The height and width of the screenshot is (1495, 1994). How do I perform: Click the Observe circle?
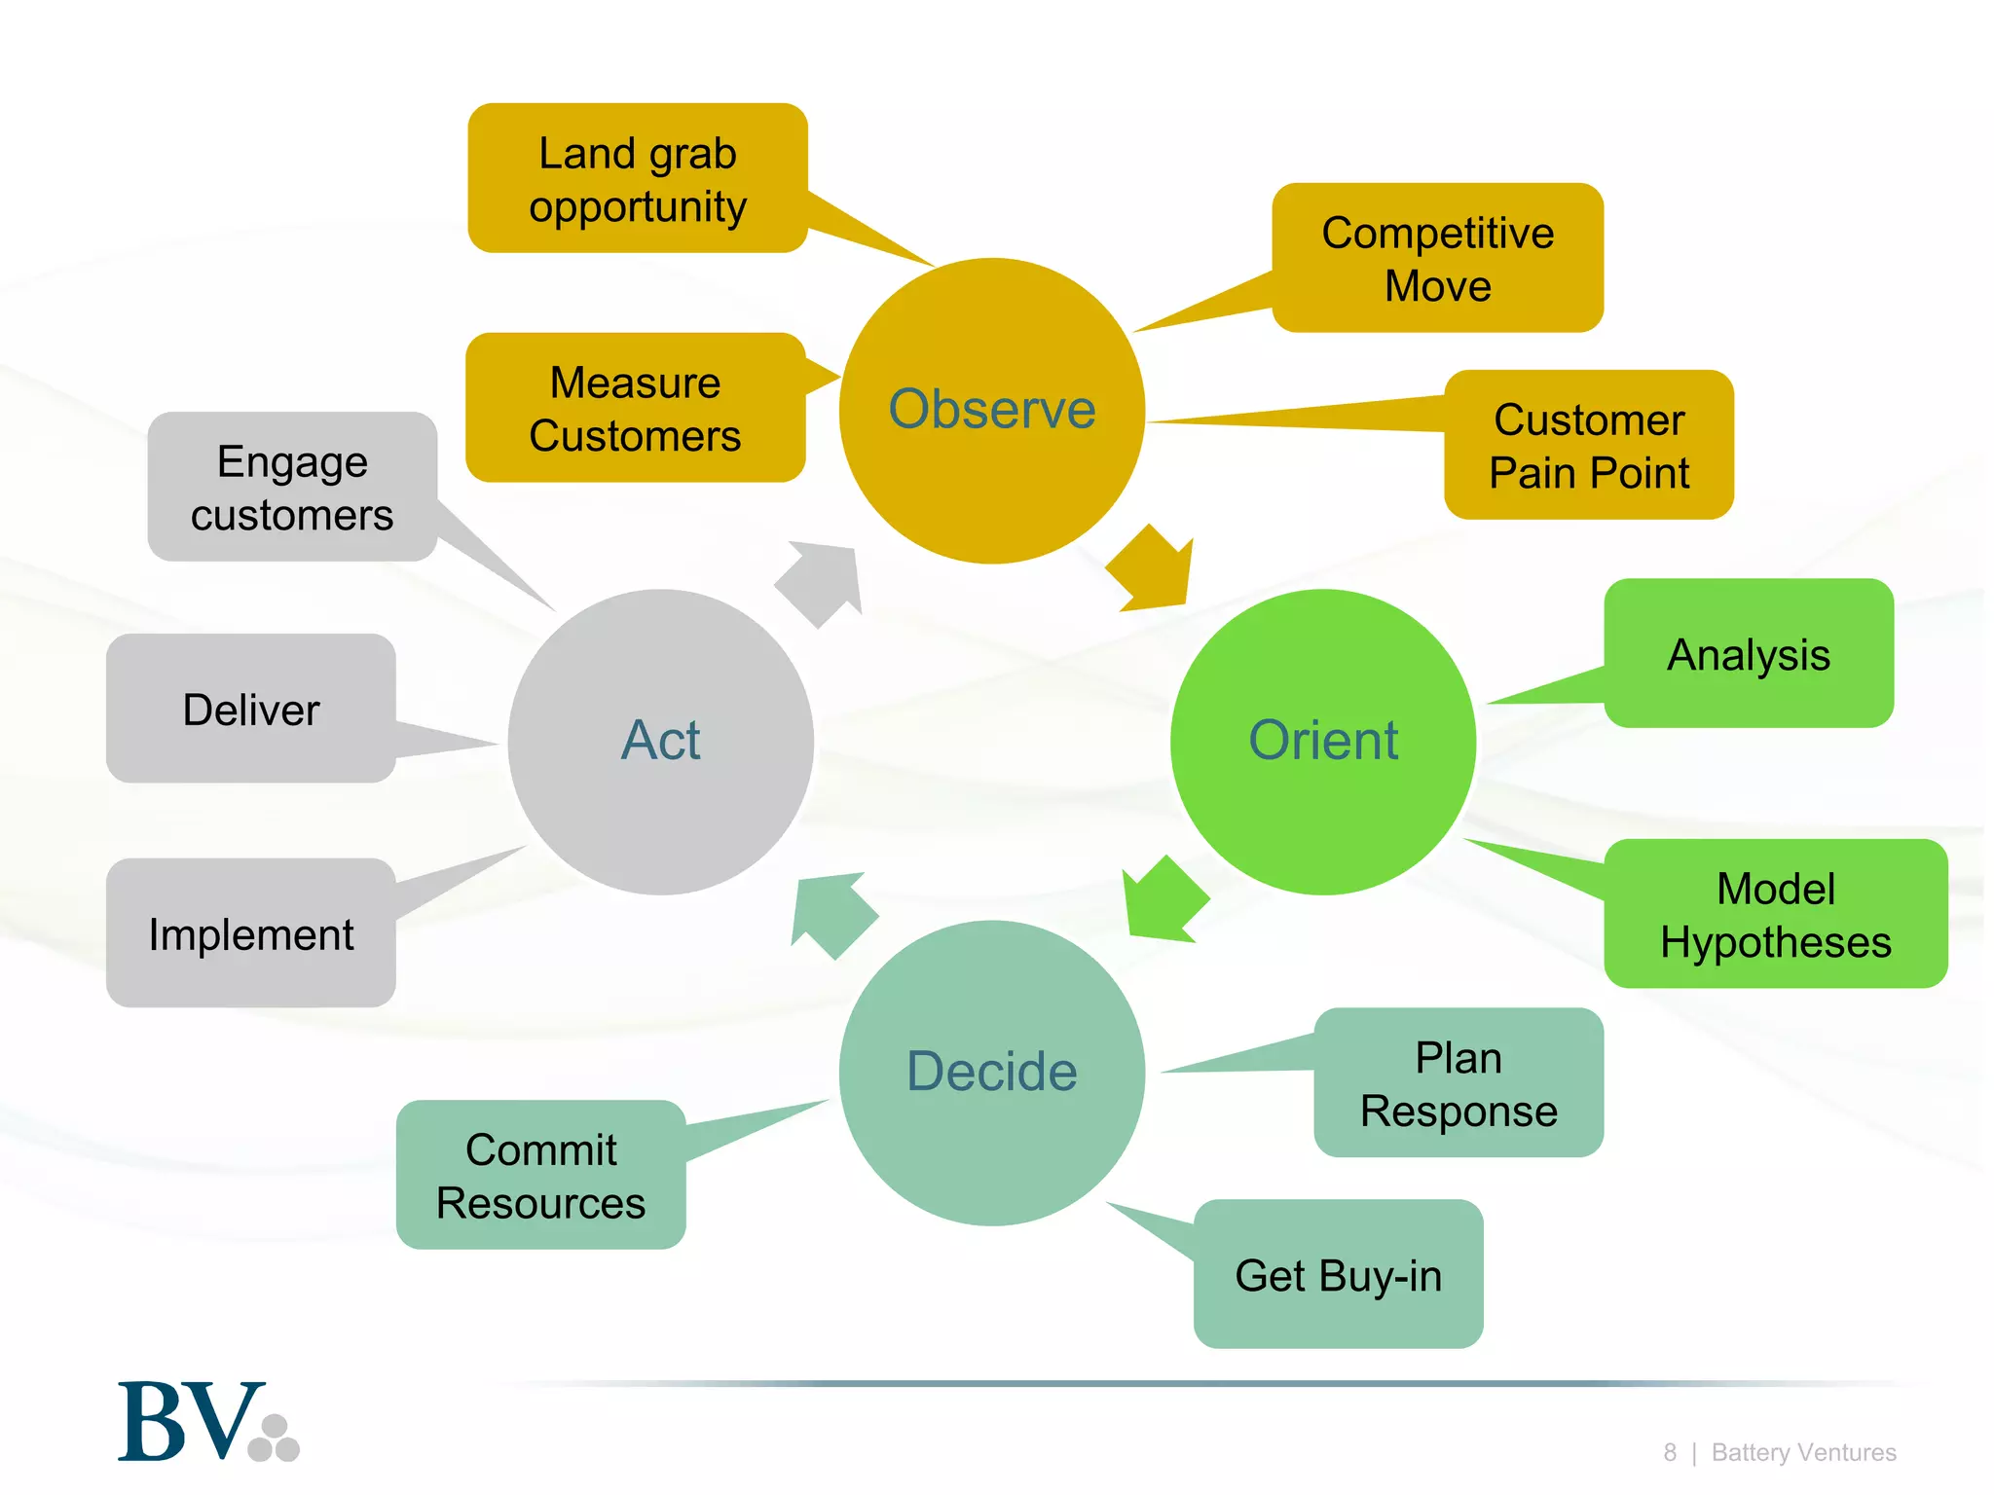click(x=991, y=410)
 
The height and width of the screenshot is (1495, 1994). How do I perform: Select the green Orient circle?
click(x=1322, y=741)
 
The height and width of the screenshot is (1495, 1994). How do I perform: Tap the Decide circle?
click(x=991, y=1072)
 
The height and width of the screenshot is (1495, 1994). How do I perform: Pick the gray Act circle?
click(x=660, y=741)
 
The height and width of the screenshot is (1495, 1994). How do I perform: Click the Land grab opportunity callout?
click(x=638, y=179)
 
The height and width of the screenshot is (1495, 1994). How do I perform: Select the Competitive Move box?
click(x=1437, y=259)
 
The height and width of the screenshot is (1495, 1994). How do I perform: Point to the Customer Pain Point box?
click(x=1588, y=446)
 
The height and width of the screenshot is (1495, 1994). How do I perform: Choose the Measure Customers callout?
click(x=635, y=409)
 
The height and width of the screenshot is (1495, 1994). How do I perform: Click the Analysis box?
click(x=1749, y=654)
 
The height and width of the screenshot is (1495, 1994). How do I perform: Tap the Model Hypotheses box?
click(x=1775, y=915)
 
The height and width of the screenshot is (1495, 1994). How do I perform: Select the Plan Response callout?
click(x=1458, y=1083)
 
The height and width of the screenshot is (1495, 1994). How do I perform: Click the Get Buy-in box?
click(x=1338, y=1275)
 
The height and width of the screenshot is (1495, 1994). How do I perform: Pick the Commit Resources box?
click(x=540, y=1176)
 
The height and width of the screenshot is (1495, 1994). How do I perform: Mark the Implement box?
click(x=250, y=934)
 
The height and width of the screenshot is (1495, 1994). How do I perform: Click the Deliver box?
click(x=250, y=710)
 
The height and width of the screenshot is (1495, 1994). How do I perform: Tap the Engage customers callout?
click(x=292, y=488)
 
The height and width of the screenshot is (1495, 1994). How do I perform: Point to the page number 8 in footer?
click(x=1670, y=1453)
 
